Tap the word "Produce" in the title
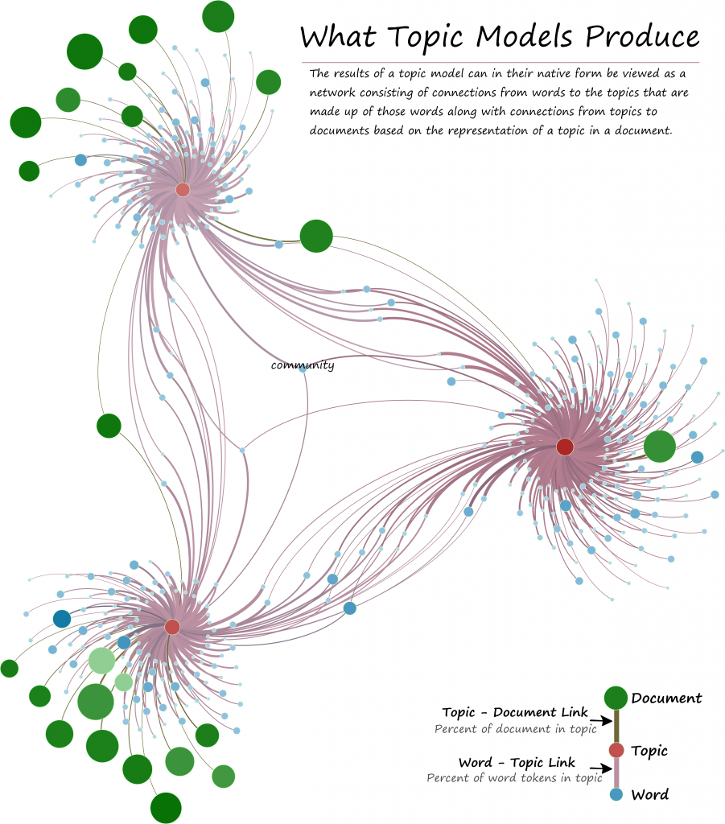point(642,37)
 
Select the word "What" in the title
point(338,37)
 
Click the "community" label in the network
point(303,365)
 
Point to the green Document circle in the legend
point(616,698)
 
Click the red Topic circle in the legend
point(616,750)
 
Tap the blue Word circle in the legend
point(616,794)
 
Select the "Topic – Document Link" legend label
point(515,713)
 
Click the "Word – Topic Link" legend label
point(517,763)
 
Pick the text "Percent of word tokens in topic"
point(514,778)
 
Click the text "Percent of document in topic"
point(515,729)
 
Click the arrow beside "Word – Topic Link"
point(601,768)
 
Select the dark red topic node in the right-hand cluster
point(565,447)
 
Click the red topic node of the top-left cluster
point(183,190)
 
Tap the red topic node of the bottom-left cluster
point(172,627)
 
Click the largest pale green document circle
point(101,661)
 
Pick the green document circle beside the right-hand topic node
point(659,446)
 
